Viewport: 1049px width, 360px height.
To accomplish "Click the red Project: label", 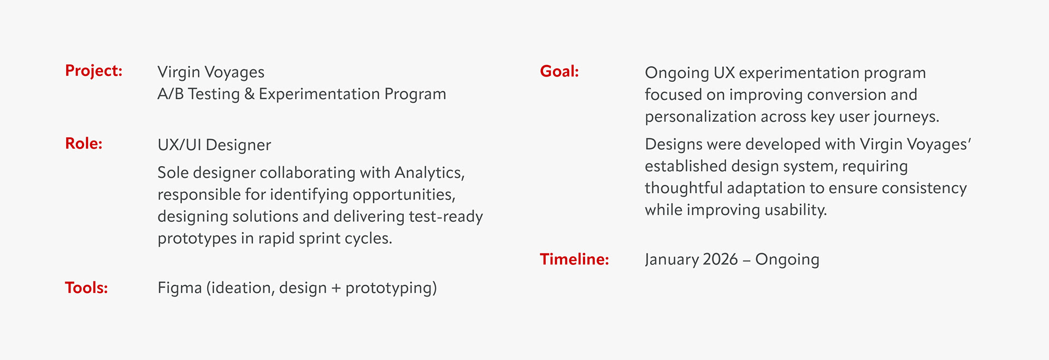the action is click(93, 71).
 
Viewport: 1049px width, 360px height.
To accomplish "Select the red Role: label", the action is click(84, 144).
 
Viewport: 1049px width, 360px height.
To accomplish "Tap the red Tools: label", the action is click(86, 288).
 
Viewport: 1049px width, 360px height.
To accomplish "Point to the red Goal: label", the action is click(559, 72).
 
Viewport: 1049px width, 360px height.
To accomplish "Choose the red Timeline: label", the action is click(574, 259).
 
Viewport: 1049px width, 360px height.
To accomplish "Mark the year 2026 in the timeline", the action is click(720, 259).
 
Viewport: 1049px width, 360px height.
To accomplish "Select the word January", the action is click(671, 260).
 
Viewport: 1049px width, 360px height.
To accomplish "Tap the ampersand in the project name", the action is click(249, 94).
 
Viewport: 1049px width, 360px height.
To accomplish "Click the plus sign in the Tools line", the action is click(336, 288).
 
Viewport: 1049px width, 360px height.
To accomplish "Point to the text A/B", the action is click(170, 94).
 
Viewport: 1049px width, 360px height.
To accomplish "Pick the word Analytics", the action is click(429, 173).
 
